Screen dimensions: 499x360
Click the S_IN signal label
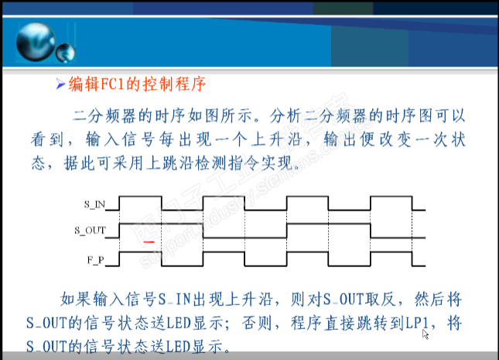94,204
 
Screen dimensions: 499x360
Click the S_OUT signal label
90,231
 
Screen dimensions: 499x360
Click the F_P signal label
96,260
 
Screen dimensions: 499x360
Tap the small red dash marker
149,242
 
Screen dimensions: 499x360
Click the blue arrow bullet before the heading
60,84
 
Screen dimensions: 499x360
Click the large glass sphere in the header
36,42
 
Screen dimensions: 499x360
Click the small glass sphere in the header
66,53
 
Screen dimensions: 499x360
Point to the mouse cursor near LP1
426,334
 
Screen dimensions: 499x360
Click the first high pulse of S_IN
140,197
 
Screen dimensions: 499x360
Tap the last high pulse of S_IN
391,197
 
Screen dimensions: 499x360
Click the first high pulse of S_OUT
161,225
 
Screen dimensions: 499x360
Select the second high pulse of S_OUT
329,225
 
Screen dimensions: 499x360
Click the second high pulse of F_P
224,252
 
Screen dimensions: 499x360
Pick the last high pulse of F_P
391,252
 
